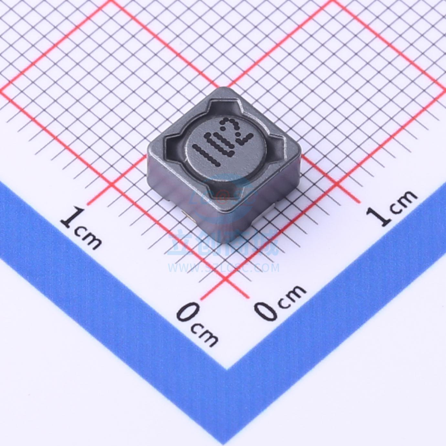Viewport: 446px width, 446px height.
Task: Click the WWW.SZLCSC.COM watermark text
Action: coord(223,268)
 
